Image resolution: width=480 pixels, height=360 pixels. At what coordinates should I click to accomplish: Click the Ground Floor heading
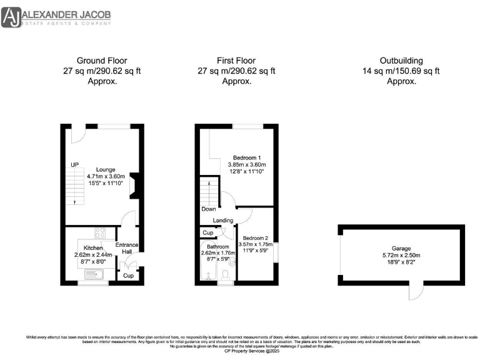(101, 61)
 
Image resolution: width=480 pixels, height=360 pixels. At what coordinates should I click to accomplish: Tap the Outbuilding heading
(401, 61)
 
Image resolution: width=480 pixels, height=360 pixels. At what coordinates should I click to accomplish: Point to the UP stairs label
(74, 164)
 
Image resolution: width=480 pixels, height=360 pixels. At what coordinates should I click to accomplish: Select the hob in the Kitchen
(101, 234)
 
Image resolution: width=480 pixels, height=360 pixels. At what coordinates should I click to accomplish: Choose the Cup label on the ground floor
(129, 275)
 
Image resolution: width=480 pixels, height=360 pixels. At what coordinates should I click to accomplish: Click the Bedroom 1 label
(247, 157)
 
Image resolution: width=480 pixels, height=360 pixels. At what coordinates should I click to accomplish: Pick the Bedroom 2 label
(256, 239)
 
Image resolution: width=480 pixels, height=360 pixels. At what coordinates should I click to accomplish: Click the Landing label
(223, 221)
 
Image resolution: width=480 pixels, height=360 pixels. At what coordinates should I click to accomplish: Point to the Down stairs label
(209, 209)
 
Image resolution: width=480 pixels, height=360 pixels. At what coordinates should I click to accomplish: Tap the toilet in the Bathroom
(225, 273)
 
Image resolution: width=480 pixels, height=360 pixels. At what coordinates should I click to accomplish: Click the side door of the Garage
(412, 292)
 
